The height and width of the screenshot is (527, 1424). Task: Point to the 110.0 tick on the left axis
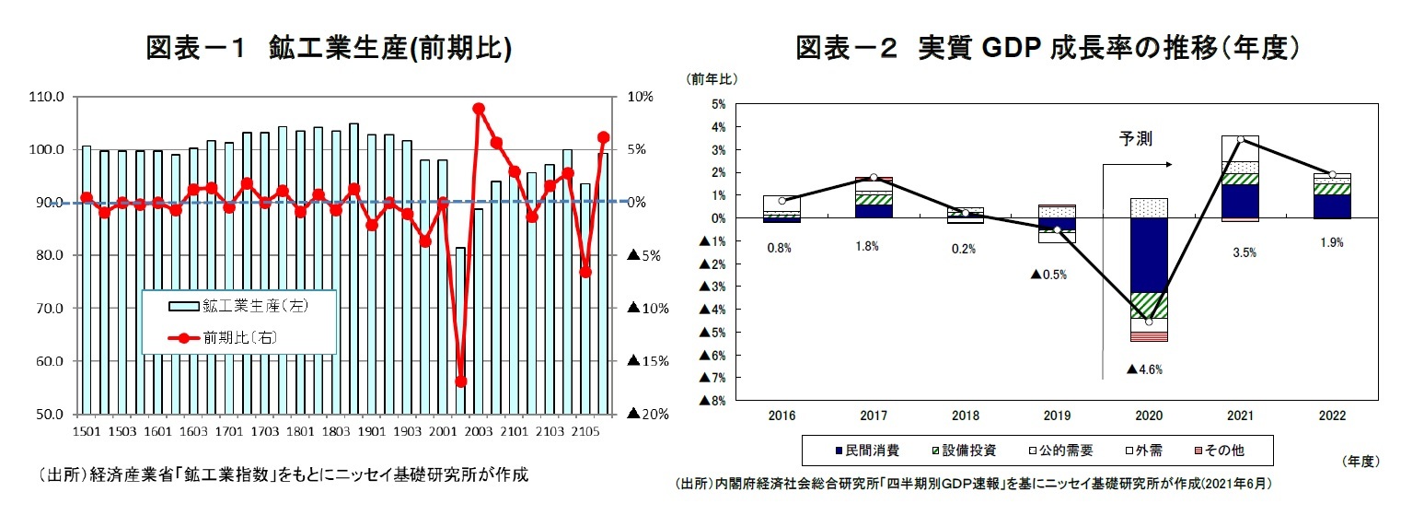(x=46, y=97)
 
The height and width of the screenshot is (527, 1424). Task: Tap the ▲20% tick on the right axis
(x=647, y=415)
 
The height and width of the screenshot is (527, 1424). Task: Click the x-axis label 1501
(x=86, y=430)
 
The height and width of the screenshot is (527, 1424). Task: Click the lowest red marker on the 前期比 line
(x=461, y=381)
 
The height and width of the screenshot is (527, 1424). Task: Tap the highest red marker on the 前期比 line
(x=479, y=109)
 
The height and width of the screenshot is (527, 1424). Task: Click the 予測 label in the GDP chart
(x=1135, y=138)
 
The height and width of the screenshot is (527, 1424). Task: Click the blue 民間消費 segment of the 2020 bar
(x=1148, y=255)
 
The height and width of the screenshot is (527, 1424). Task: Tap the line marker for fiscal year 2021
(x=1241, y=140)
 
